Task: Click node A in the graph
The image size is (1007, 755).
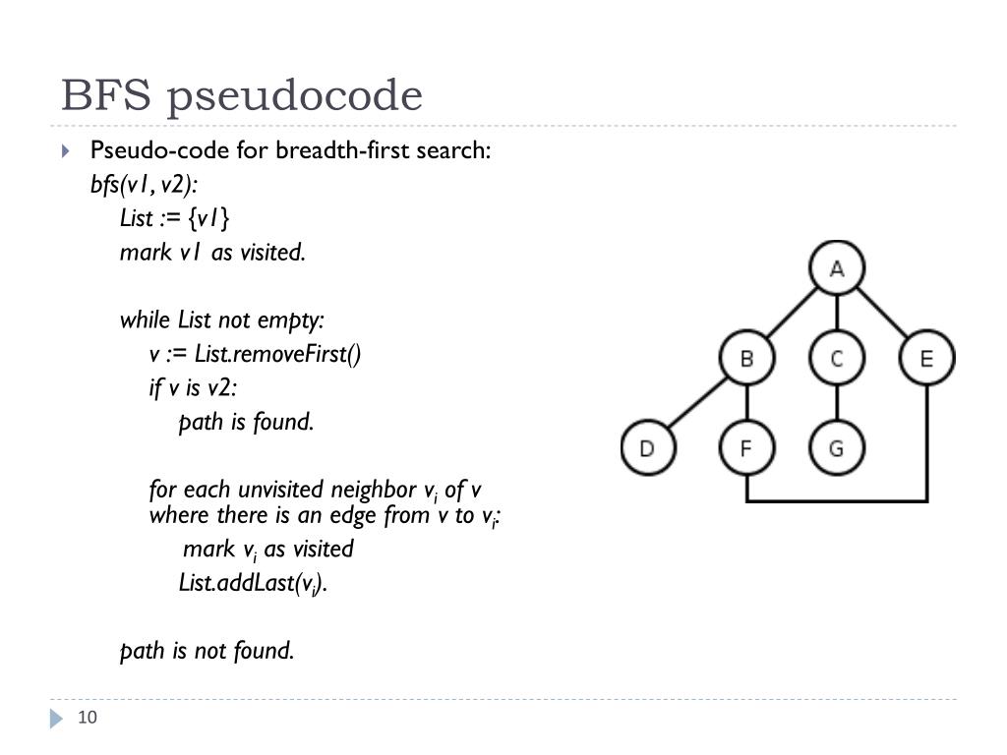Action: [x=836, y=268]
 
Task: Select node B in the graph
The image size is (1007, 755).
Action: [x=746, y=358]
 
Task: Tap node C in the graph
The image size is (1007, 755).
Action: [x=836, y=358]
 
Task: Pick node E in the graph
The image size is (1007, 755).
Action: [x=926, y=358]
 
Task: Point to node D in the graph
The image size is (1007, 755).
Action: [x=647, y=448]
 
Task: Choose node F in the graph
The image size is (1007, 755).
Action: [x=746, y=448]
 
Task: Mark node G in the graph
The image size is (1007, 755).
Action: [x=836, y=448]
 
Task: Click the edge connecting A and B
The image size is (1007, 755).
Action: [x=792, y=313]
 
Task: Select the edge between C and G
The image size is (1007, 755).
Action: [x=836, y=403]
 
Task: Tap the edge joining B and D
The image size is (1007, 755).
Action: [x=697, y=403]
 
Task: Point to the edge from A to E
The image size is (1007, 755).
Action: [x=881, y=313]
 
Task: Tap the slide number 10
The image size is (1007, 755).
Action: [x=88, y=718]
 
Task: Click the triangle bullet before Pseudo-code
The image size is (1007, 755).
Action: [x=66, y=151]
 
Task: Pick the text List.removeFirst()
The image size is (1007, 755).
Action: [x=277, y=354]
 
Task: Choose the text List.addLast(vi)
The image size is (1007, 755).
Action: [x=253, y=583]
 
